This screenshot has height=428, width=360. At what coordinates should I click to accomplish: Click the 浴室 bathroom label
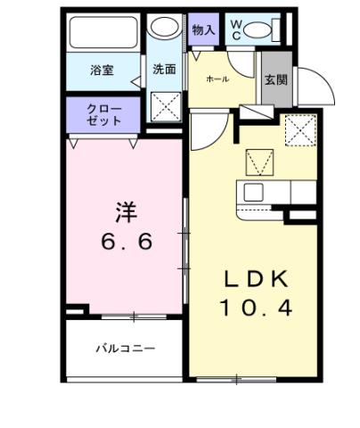[x=100, y=69]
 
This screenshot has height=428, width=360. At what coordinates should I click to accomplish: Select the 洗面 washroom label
[x=163, y=69]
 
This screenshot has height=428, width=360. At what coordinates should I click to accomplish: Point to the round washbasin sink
[x=164, y=28]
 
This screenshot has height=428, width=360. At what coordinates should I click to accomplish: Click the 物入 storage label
[x=203, y=29]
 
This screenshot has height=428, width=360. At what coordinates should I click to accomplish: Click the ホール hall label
[x=218, y=79]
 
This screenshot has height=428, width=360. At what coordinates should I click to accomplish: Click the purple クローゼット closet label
[x=102, y=115]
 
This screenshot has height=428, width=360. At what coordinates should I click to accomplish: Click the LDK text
[x=256, y=280]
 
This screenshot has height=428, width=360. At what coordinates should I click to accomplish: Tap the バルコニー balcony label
[x=125, y=349]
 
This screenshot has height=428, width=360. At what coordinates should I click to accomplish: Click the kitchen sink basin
[x=251, y=192]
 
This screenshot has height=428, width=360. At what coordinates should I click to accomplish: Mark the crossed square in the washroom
[x=165, y=108]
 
